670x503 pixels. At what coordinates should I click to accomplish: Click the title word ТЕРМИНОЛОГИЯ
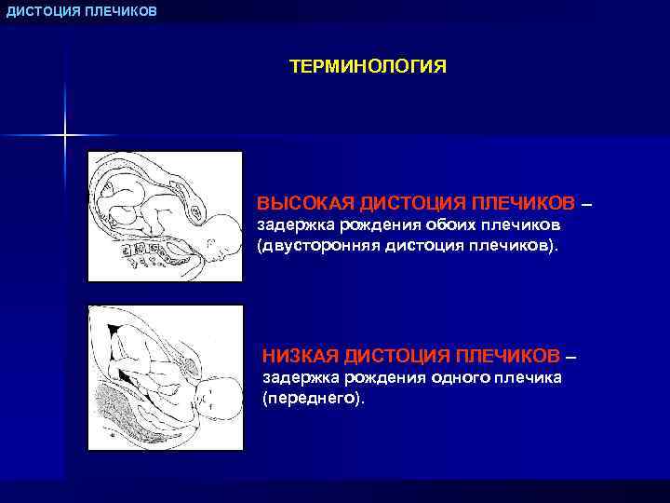[x=368, y=67]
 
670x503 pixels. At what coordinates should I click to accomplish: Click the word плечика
[x=528, y=377]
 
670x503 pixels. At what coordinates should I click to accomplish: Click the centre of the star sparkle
[x=65, y=136]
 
